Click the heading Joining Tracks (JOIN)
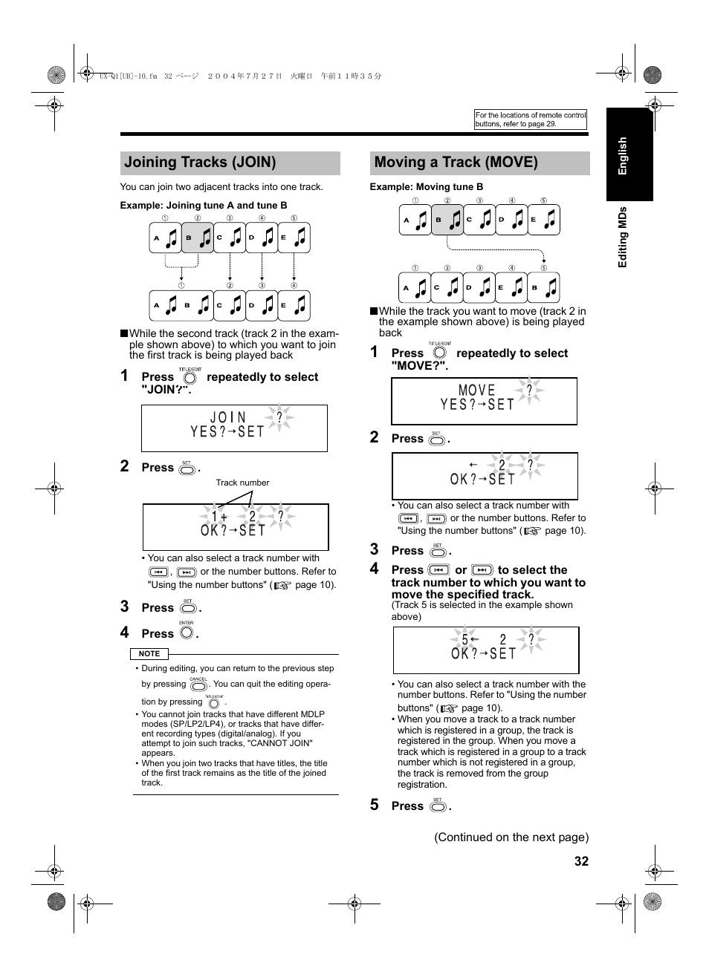[200, 163]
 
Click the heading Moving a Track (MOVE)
[456, 163]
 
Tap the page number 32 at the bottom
[580, 861]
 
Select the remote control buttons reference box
[531, 120]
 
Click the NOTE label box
[149, 654]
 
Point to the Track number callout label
[242, 483]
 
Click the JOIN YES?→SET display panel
[234, 428]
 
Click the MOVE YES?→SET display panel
[484, 401]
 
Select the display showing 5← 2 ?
[485, 650]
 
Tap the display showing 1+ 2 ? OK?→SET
[235, 526]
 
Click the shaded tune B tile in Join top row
[198, 238]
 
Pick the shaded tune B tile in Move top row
[447, 220]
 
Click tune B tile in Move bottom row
[543, 287]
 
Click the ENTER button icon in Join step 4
[187, 633]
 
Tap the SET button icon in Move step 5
[438, 806]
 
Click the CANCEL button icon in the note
[198, 685]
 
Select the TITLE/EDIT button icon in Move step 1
[439, 353]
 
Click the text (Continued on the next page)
[511, 837]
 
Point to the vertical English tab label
[623, 156]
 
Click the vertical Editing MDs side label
[623, 237]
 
